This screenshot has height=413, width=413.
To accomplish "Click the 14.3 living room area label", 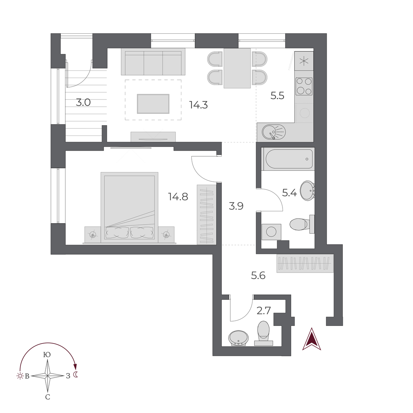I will click(199, 105).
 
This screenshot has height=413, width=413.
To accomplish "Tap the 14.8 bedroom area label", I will click(178, 197).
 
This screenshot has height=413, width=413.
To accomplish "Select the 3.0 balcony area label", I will click(83, 103).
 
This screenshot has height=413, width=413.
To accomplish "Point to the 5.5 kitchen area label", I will click(277, 96).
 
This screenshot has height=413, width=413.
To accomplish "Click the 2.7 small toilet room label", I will click(264, 311).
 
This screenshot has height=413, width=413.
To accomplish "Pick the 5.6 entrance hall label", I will click(258, 275).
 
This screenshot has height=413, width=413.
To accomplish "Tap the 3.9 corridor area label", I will click(236, 206).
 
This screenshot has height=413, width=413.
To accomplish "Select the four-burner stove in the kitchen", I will click(304, 86).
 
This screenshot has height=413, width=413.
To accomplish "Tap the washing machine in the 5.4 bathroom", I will click(271, 232).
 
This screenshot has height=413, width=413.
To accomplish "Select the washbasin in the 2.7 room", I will click(239, 338).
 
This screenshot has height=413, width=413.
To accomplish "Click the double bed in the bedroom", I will click(129, 206).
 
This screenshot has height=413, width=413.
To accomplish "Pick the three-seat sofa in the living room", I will click(153, 62).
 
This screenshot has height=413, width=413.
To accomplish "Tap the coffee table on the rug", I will click(153, 104).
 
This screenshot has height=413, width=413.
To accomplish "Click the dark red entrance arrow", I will click(312, 340).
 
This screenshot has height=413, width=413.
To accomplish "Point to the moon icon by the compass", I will click(76, 375).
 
